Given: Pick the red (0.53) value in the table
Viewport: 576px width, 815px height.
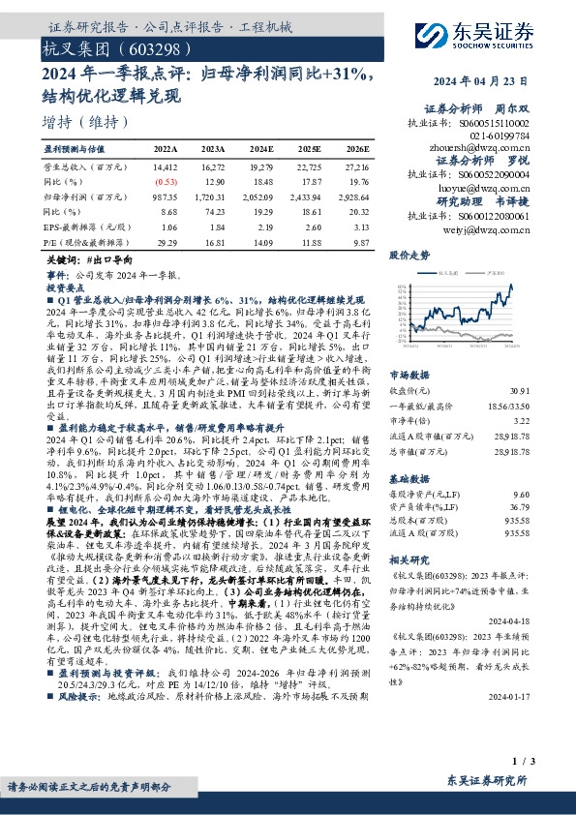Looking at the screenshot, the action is (x=166, y=182).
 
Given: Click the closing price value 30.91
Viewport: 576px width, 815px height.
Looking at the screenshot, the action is (x=547, y=390).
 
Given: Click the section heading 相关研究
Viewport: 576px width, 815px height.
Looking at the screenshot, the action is (x=409, y=560).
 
